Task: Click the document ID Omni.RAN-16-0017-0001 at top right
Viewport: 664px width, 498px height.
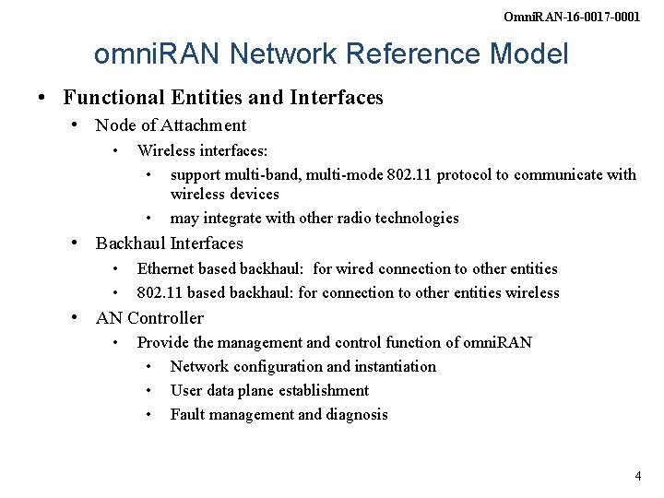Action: click(585, 17)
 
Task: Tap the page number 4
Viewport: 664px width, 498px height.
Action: click(637, 476)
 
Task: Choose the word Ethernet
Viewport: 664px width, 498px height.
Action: click(166, 268)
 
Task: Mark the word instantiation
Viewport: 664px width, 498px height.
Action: click(391, 366)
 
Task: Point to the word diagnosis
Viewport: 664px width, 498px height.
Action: click(356, 414)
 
